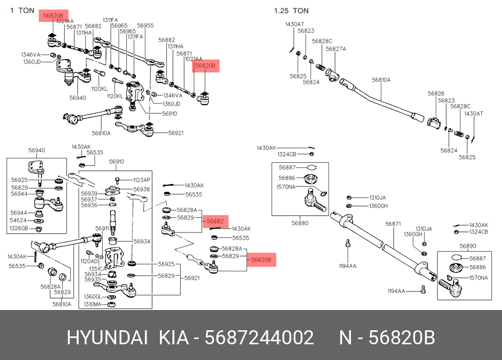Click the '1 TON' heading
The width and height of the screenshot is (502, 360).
[x=22, y=11]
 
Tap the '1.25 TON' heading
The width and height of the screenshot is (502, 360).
[x=291, y=11]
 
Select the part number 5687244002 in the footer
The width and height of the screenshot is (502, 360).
[x=259, y=338]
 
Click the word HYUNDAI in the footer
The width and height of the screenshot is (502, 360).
[x=107, y=338]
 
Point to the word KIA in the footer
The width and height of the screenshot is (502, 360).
[x=174, y=338]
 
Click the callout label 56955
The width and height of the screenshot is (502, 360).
[x=145, y=25]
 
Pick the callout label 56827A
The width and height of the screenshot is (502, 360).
[x=336, y=49]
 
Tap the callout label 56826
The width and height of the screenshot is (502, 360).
[x=436, y=94]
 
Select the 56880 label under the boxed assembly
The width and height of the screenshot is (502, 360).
[x=300, y=223]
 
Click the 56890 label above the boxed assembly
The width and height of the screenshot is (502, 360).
[x=468, y=246]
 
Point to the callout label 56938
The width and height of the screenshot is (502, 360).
[x=142, y=189]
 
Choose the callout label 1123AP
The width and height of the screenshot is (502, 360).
[x=142, y=180]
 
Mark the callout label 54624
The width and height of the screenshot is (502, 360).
[x=18, y=220]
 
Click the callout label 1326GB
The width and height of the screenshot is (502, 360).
[x=19, y=229]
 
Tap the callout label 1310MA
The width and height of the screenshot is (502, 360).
[x=93, y=304]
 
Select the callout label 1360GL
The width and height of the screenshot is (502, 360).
[x=93, y=297]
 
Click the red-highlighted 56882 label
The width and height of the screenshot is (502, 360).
[x=215, y=221]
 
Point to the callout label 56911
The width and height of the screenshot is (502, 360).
[x=102, y=229]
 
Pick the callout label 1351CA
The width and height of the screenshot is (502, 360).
[x=98, y=269]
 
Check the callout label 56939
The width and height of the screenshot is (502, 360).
[x=89, y=193]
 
